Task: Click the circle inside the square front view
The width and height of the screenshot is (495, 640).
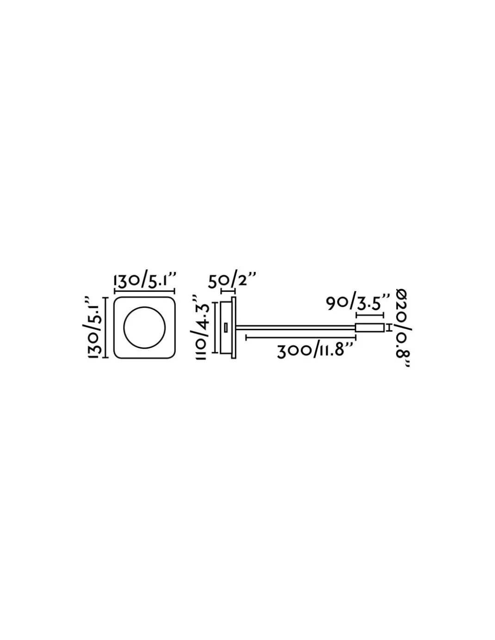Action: pyautogui.click(x=144, y=327)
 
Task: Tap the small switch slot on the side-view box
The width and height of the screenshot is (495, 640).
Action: pyautogui.click(x=226, y=327)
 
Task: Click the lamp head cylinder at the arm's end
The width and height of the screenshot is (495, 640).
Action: pyautogui.click(x=370, y=327)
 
